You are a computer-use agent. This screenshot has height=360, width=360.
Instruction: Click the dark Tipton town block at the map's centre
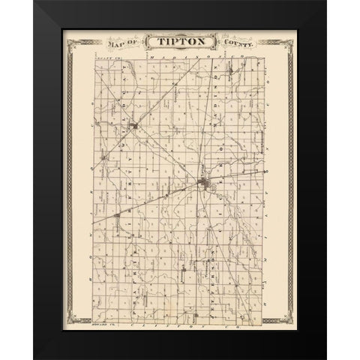pyautogui.click(x=204, y=184)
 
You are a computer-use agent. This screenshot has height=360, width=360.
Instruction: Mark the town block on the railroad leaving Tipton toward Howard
pyautogui.click(x=118, y=217)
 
